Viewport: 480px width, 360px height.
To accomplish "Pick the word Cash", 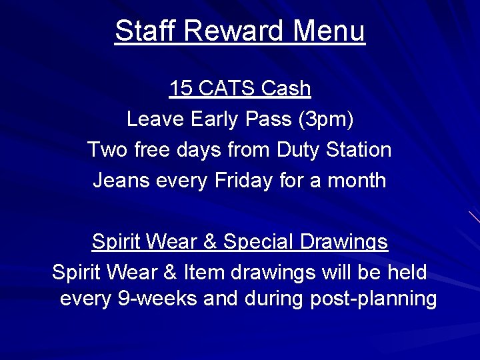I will point(287,88).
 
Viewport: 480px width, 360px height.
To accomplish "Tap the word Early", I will point(214,119).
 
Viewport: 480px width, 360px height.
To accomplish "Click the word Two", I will point(107,149).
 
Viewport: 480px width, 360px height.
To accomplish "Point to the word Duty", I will point(298,150).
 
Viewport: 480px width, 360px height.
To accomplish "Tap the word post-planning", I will point(373,299).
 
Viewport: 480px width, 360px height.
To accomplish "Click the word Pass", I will point(269,119).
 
